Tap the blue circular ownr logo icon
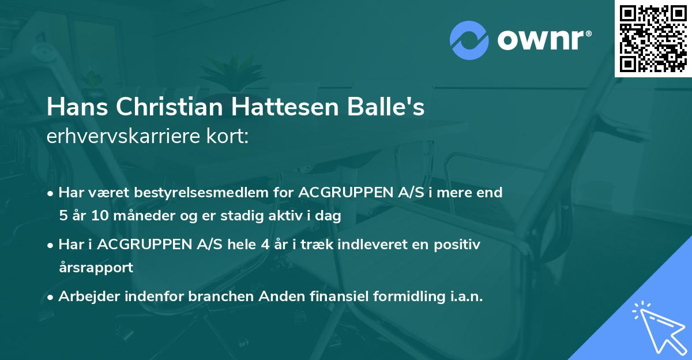(469, 40)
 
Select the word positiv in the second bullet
(459, 245)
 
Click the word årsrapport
(96, 268)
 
